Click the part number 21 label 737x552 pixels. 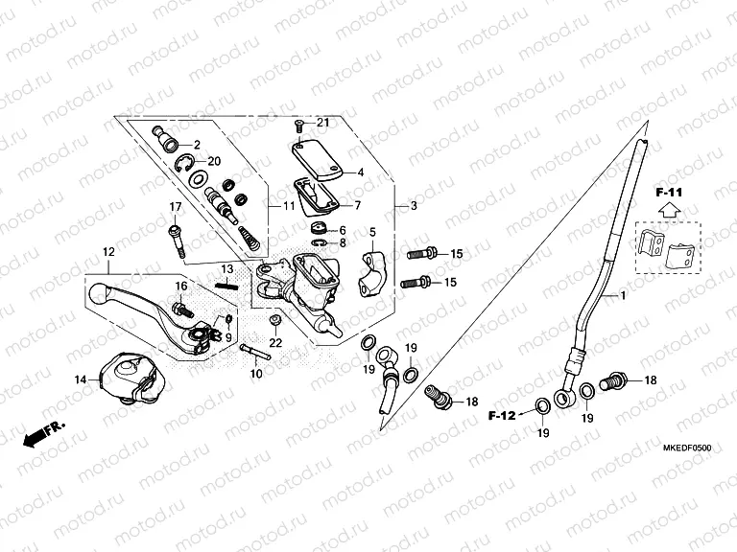[322, 123]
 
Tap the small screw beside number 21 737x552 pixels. [298, 124]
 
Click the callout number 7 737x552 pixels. [358, 205]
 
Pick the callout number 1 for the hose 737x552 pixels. [623, 297]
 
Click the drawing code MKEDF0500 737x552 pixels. [687, 448]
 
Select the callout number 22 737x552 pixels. [275, 343]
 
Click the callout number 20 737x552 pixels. [213, 160]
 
